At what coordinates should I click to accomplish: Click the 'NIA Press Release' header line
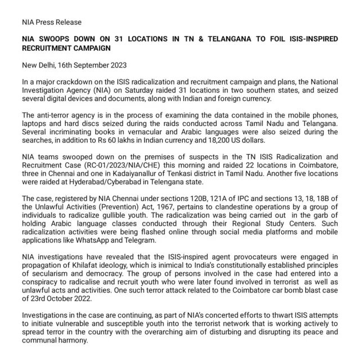pyautogui.click(x=51, y=22)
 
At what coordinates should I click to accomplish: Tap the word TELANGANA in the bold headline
pyautogui.click(x=213, y=41)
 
